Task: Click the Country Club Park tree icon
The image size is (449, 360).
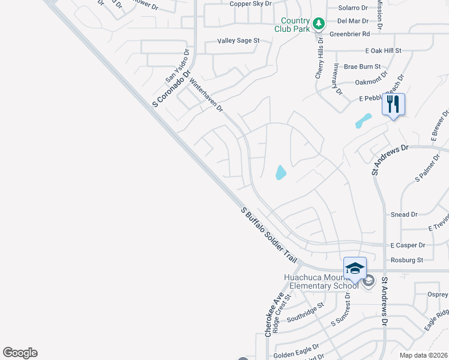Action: coord(319,23)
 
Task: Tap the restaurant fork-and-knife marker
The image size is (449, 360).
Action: coord(393,104)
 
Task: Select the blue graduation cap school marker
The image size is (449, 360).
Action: coord(355,268)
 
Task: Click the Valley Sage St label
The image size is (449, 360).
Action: coord(238,41)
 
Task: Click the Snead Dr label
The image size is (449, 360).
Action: coord(404,214)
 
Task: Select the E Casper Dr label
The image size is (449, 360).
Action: coord(408,245)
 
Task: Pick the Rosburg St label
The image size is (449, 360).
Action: coord(407,260)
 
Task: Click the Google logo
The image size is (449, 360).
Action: coord(20,353)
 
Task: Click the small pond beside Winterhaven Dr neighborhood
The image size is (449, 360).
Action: coord(280,173)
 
